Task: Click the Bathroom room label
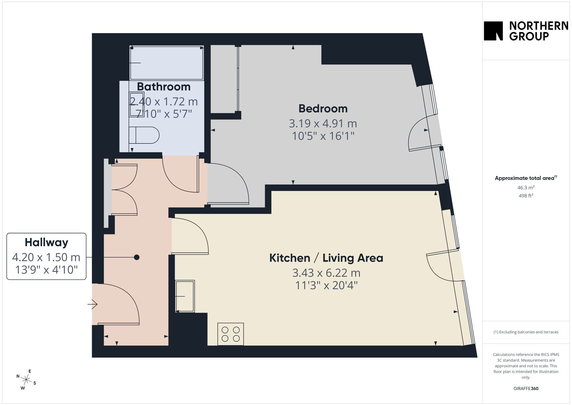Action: (x=164, y=86)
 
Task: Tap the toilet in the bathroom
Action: (x=144, y=135)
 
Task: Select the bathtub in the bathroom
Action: (x=167, y=63)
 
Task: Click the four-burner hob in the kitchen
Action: (x=231, y=334)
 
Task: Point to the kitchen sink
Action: (x=185, y=296)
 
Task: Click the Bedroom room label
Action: (x=323, y=109)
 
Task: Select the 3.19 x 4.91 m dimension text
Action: (x=323, y=123)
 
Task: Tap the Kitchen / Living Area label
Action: (x=326, y=258)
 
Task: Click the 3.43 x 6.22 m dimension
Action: (x=326, y=273)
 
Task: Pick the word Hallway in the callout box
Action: (x=46, y=242)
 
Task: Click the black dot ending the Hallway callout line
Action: (x=137, y=257)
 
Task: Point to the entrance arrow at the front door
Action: (x=92, y=304)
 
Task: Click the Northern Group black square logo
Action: (x=493, y=31)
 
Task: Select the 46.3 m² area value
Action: (x=526, y=188)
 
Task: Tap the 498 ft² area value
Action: (x=526, y=196)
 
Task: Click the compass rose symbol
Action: (x=27, y=380)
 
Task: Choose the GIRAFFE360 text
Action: (x=526, y=388)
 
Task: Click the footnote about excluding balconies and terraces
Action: (x=526, y=332)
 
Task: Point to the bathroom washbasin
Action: (x=137, y=104)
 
